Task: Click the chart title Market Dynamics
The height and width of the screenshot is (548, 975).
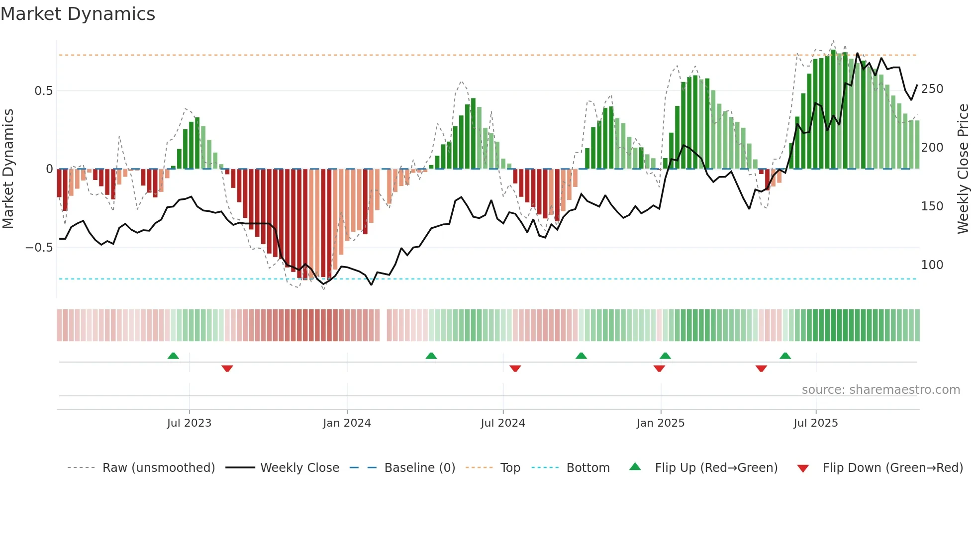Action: (x=78, y=14)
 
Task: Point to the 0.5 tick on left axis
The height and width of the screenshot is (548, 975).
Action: (x=43, y=91)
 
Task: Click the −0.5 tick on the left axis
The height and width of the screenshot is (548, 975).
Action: (x=39, y=248)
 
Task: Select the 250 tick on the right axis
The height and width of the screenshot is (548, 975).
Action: (x=932, y=89)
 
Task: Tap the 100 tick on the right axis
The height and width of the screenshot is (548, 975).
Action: (x=932, y=265)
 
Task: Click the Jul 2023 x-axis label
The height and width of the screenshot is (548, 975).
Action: (x=189, y=423)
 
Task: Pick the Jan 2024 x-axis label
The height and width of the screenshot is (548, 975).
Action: (x=347, y=423)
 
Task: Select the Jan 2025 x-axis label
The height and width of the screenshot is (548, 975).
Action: (x=661, y=423)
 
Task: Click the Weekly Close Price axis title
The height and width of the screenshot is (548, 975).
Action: (x=963, y=169)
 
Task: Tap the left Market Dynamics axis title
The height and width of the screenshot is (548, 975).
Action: (x=8, y=169)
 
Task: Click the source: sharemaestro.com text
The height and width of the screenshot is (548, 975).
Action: (x=880, y=390)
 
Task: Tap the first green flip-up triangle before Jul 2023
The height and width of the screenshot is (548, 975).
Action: (x=173, y=356)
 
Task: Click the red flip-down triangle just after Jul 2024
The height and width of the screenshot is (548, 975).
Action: (x=515, y=368)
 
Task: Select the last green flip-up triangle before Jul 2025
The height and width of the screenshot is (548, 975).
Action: (x=785, y=356)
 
